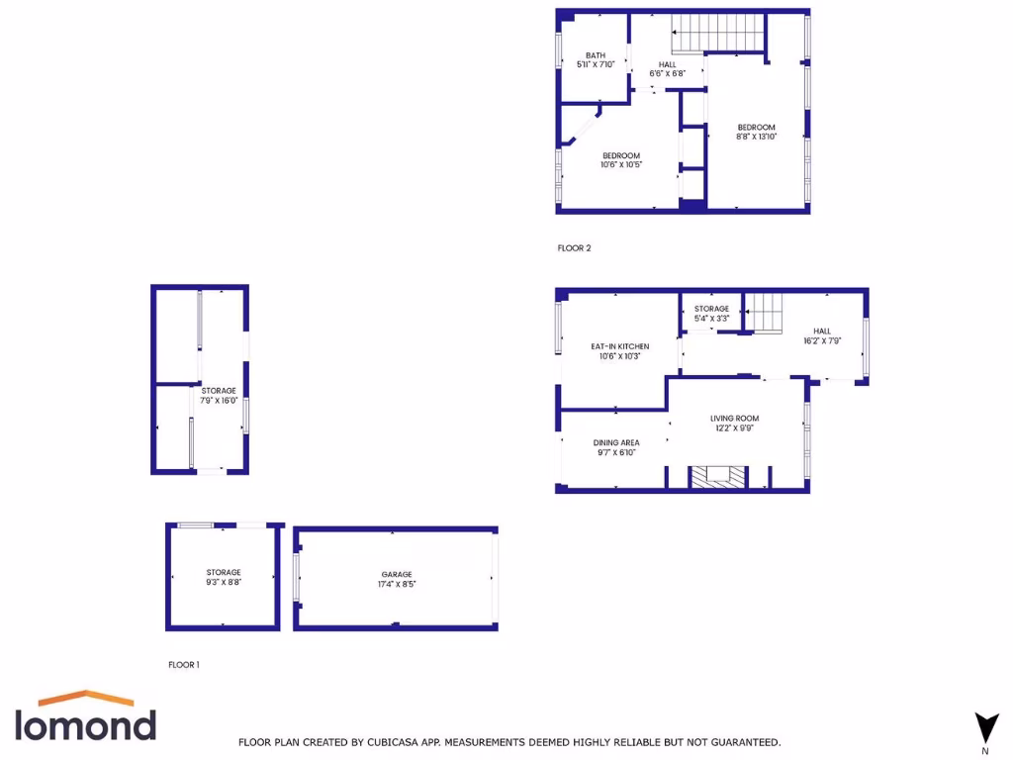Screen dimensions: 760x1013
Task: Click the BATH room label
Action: pyautogui.click(x=596, y=60)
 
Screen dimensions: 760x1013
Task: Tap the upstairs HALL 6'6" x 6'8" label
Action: pyautogui.click(x=668, y=68)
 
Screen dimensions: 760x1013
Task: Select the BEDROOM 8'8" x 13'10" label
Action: pyautogui.click(x=756, y=132)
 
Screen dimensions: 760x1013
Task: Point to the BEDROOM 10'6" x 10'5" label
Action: pyautogui.click(x=621, y=160)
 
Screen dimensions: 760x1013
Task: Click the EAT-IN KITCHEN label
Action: pyautogui.click(x=620, y=351)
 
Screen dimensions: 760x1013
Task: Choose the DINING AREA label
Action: pyautogui.click(x=616, y=447)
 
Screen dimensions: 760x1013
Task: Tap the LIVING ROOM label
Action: pyautogui.click(x=734, y=423)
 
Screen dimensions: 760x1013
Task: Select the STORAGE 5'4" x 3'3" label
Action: pyautogui.click(x=711, y=314)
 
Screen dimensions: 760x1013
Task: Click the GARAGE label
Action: pyautogui.click(x=397, y=579)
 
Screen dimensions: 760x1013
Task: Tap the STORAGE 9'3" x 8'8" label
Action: pyautogui.click(x=224, y=577)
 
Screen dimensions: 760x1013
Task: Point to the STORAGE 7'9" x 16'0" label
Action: pyautogui.click(x=219, y=396)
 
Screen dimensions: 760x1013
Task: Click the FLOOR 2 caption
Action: pyautogui.click(x=574, y=248)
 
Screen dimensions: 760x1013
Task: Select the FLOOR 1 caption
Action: pyautogui.click(x=184, y=665)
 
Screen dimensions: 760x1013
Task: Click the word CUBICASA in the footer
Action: pyautogui.click(x=429, y=742)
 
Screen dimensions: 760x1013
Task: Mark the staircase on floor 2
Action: pyautogui.click(x=719, y=34)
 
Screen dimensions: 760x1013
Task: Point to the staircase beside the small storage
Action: pyautogui.click(x=763, y=312)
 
